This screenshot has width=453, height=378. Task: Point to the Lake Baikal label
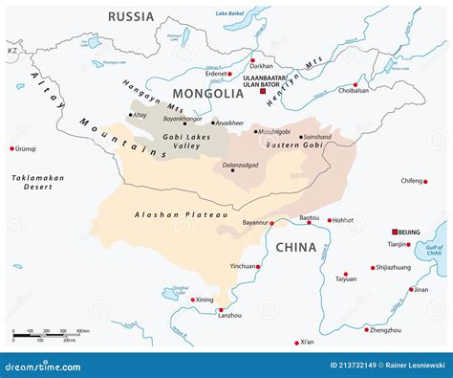[x=229, y=13]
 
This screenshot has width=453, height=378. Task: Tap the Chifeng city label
[x=412, y=179]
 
